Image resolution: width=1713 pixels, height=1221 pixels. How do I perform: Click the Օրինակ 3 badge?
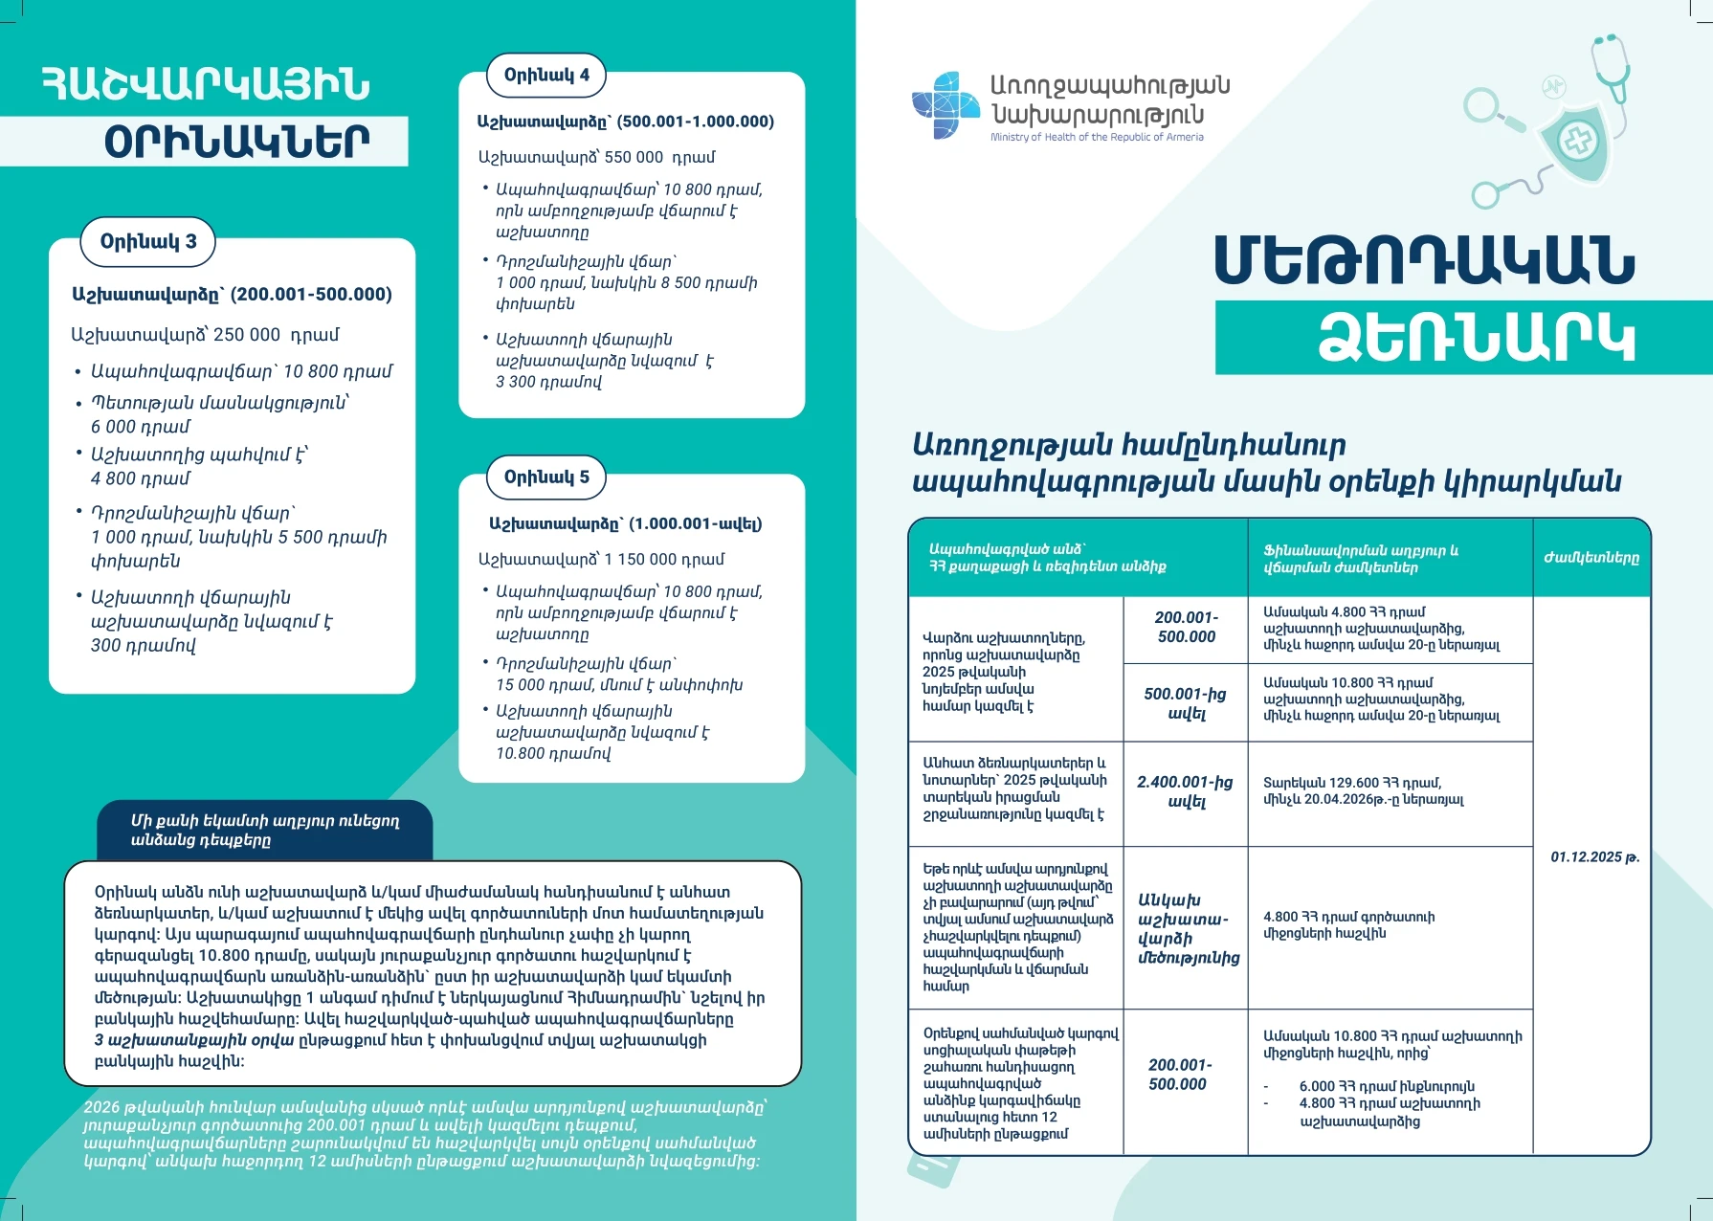[147, 241]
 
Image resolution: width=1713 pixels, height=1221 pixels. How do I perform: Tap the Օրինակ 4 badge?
[546, 76]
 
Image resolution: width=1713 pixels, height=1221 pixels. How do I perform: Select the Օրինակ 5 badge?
[546, 477]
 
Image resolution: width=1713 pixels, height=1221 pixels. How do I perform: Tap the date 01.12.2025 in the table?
[1593, 856]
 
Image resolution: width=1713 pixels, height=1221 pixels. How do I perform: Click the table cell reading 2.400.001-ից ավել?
[1185, 791]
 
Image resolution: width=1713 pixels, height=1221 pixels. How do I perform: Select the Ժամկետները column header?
[1591, 558]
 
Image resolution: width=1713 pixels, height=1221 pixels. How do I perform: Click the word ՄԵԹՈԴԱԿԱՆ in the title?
[1424, 259]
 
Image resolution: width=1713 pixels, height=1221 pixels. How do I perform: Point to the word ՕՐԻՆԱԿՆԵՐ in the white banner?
[236, 142]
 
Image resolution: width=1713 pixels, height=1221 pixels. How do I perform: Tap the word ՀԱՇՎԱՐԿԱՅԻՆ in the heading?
[206, 84]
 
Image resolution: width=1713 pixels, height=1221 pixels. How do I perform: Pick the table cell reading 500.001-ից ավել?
[1185, 703]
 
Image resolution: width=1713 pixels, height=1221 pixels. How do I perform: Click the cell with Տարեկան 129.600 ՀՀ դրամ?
[1363, 790]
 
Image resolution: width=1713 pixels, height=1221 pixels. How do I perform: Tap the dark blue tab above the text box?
[265, 830]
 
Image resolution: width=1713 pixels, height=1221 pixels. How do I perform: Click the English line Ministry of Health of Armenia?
[1097, 137]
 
